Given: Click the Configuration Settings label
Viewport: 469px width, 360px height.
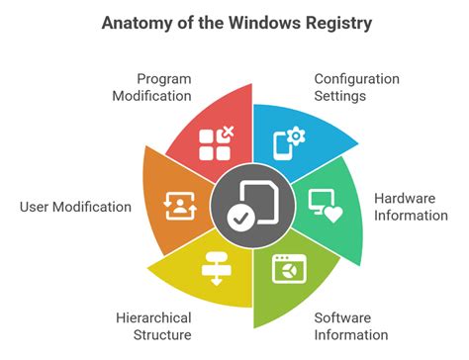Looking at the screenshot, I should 356,86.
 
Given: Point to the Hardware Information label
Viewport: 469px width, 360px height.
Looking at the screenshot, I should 411,206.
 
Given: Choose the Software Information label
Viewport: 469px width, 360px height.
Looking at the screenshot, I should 351,326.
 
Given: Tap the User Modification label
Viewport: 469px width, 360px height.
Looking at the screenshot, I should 75,207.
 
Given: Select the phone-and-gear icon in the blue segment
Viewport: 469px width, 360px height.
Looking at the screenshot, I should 286,141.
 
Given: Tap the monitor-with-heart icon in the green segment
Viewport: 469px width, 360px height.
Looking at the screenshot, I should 324,205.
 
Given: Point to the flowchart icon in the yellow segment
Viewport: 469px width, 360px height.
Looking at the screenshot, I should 215,267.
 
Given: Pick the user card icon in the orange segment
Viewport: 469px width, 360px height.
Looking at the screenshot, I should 178,205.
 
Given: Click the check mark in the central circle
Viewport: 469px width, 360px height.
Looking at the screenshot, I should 238,217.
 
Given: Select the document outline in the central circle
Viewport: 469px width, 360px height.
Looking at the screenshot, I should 257,198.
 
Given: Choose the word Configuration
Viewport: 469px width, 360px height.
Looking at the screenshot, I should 356,77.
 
